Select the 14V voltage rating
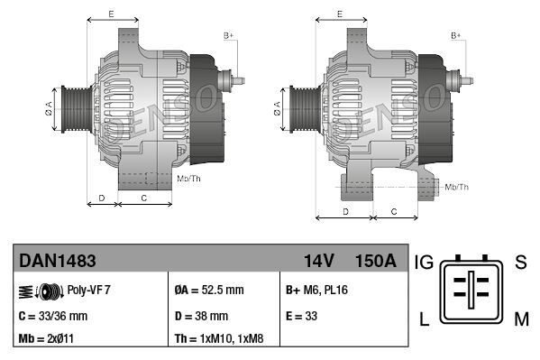click(318, 261)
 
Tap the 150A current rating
click(376, 261)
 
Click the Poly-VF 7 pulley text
click(89, 291)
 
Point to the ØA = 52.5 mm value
click(208, 291)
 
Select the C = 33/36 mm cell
click(53, 316)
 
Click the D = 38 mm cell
click(201, 316)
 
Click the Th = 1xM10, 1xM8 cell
click(220, 339)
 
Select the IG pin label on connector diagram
click(425, 263)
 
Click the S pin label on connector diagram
click(520, 263)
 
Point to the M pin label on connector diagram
click(521, 318)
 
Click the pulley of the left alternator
click(75, 109)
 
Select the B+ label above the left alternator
click(228, 35)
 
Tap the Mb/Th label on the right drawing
click(457, 187)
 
